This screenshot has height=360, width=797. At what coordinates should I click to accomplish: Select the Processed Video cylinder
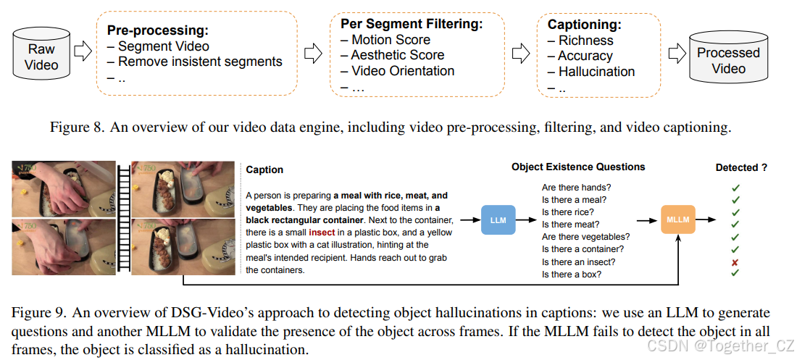(727, 59)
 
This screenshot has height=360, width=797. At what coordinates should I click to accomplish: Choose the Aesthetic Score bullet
(397, 55)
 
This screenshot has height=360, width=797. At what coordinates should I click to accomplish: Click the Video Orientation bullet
(402, 71)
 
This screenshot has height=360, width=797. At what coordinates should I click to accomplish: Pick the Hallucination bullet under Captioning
(596, 72)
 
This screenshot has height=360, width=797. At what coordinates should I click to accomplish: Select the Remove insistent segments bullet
(200, 62)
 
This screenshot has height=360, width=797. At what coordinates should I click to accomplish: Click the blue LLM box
(498, 219)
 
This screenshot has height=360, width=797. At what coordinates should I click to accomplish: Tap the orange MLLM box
(678, 219)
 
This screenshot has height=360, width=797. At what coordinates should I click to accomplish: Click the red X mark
(735, 261)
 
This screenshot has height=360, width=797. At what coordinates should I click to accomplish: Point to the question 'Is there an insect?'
(579, 261)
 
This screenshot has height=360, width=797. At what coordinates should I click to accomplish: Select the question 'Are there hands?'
(576, 188)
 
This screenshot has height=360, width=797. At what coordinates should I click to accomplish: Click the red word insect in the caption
(321, 233)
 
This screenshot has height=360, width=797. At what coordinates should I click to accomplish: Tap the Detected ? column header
(741, 168)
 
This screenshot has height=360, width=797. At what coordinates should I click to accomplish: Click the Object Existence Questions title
(578, 167)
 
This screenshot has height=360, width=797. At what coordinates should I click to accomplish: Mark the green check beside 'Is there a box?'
(735, 274)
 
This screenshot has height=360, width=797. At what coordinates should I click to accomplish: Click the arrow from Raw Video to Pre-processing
(84, 51)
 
